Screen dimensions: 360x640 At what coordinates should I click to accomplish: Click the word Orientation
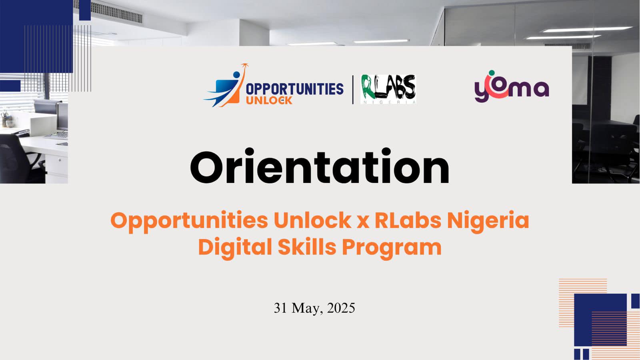(x=320, y=167)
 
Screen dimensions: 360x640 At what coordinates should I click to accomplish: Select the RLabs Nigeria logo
(x=388, y=89)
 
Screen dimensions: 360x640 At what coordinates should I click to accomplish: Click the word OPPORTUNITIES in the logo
(x=294, y=89)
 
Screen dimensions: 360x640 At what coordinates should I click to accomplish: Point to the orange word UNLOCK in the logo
(x=269, y=100)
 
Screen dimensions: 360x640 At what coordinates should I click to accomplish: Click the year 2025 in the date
(x=341, y=308)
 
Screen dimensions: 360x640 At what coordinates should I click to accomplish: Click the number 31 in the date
(x=280, y=308)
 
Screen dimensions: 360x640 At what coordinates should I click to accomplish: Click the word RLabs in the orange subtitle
(x=408, y=220)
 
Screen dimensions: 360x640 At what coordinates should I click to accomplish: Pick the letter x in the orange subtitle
(x=362, y=221)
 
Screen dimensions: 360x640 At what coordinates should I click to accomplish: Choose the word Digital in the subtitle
(x=235, y=247)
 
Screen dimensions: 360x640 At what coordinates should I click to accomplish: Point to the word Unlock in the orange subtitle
(x=312, y=220)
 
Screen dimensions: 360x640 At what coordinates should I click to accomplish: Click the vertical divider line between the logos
(x=353, y=90)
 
